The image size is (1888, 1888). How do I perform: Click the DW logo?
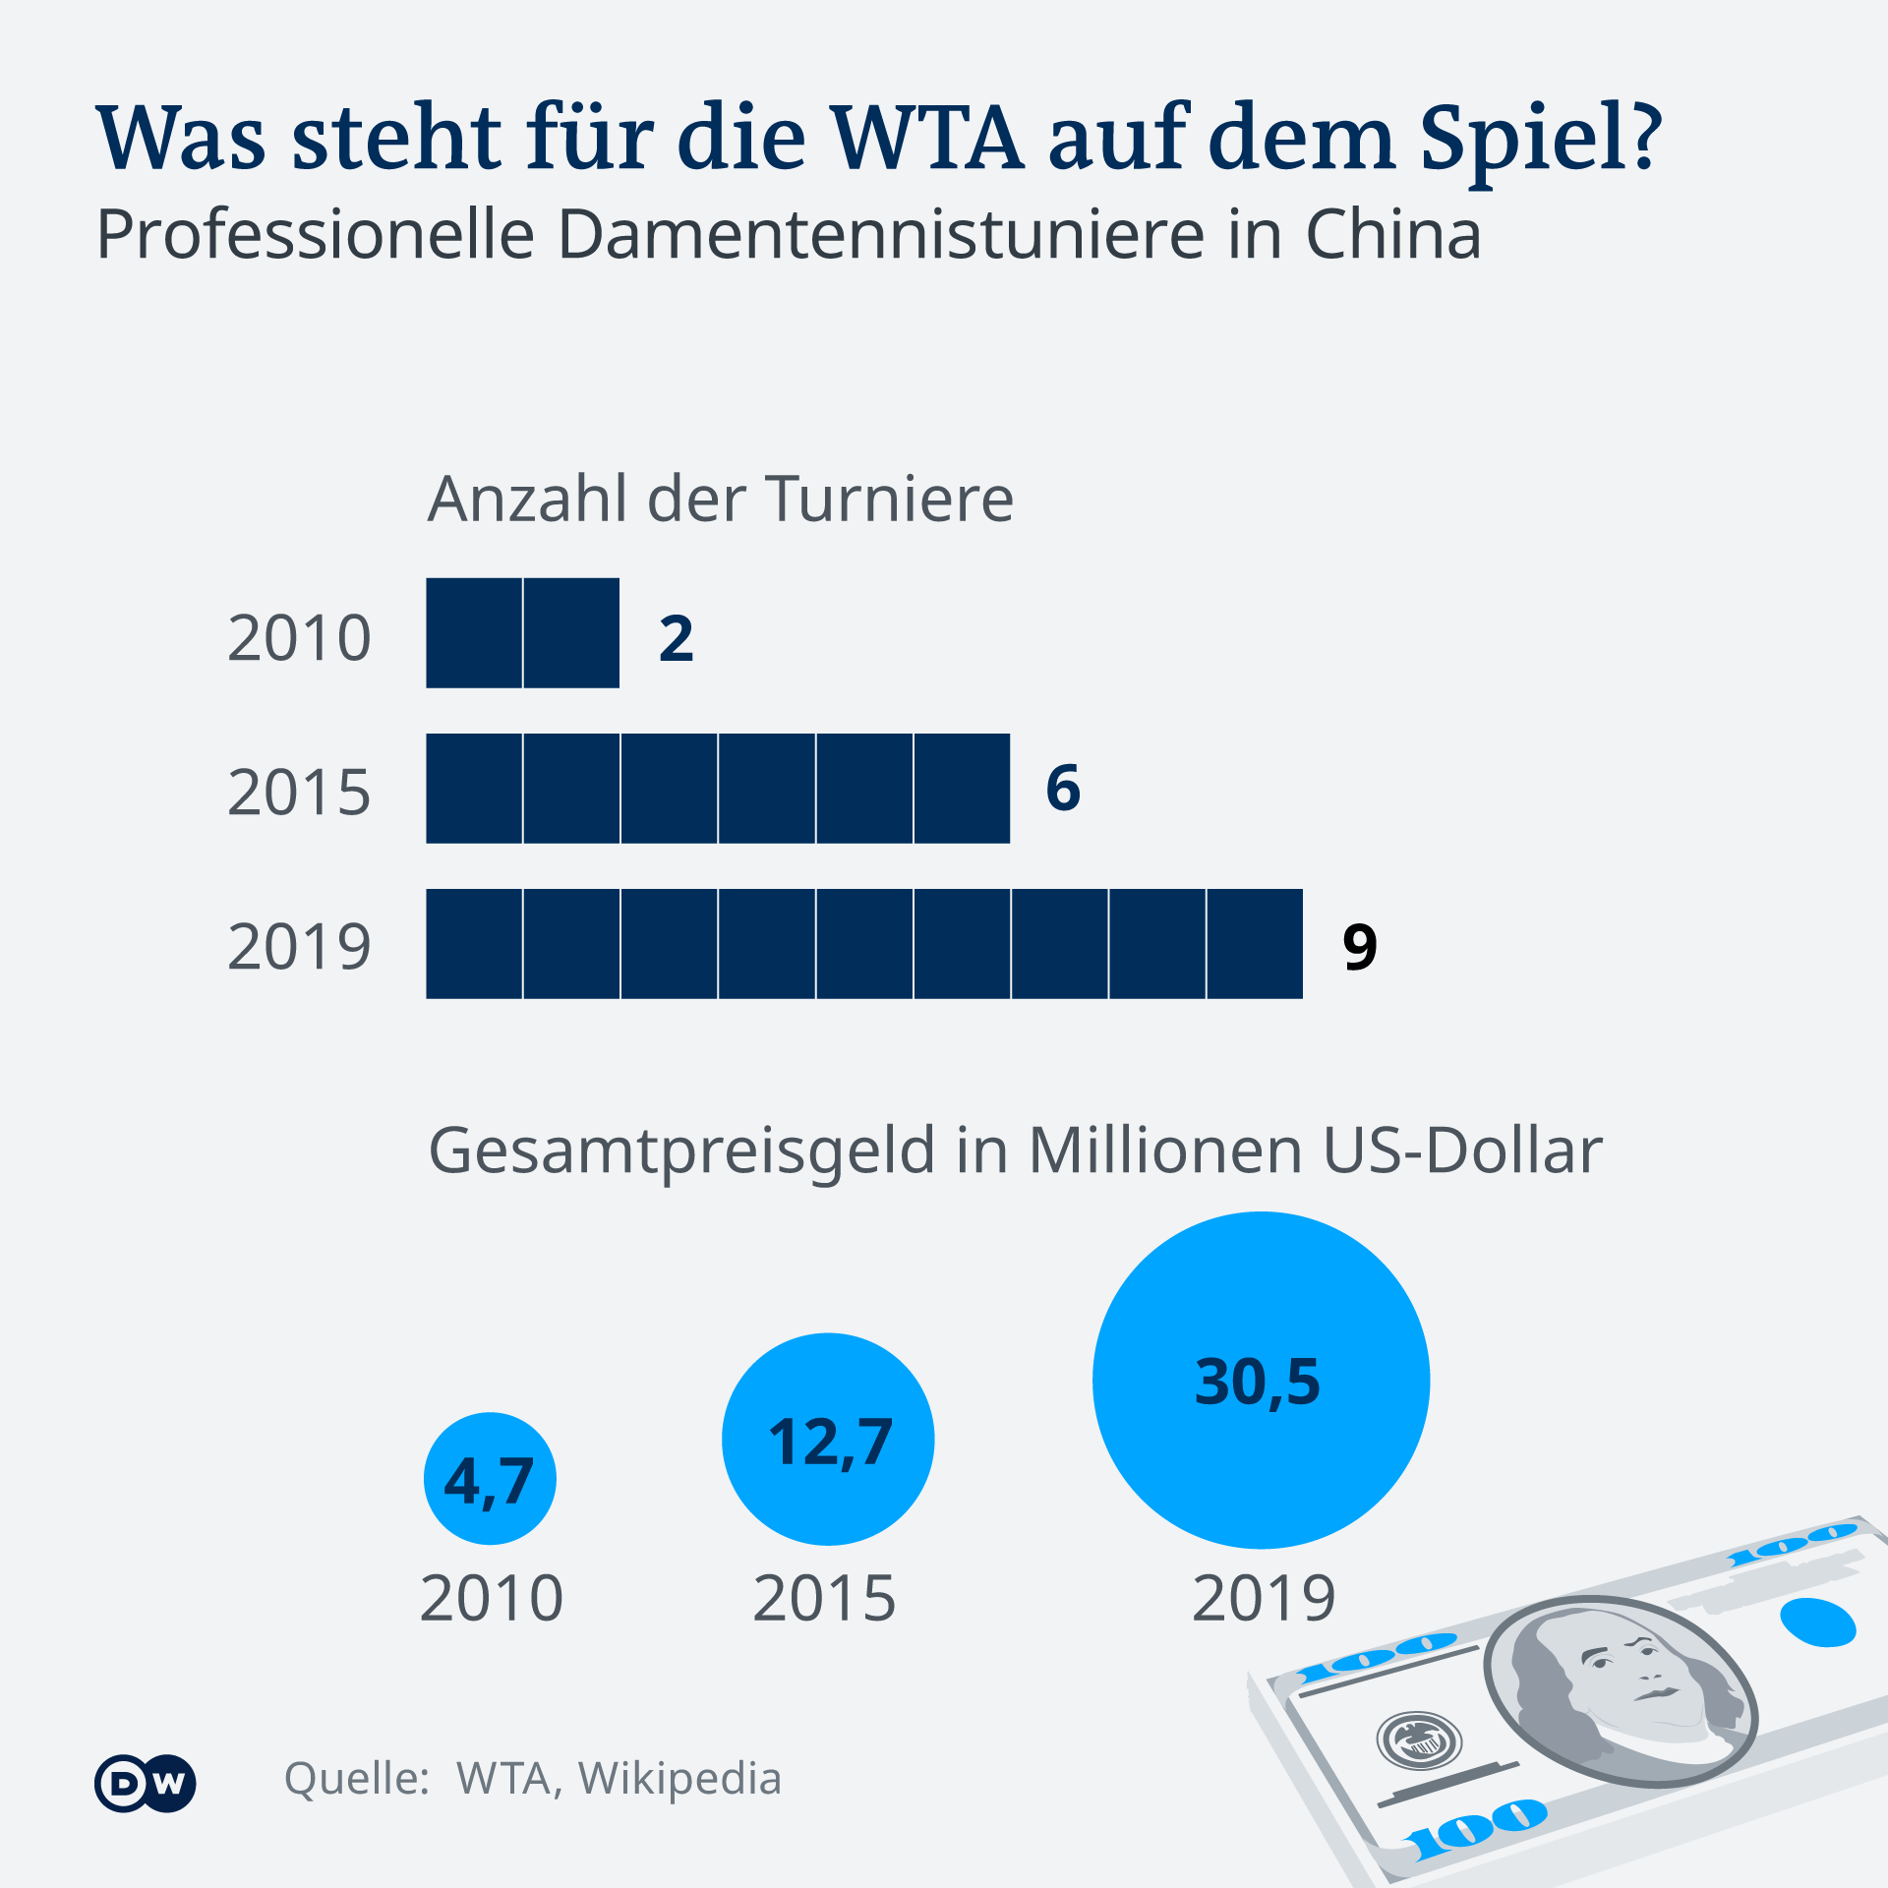pos(146,1783)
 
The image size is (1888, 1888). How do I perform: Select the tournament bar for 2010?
pos(522,633)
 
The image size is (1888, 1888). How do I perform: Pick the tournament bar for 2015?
pos(718,789)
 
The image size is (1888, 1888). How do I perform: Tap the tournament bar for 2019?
pos(864,944)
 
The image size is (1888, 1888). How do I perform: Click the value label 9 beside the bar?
pos(1359,946)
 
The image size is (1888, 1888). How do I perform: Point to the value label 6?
pos(1063,789)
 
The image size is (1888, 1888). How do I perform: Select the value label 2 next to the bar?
pos(677,638)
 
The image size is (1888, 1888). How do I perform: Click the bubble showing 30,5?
pos(1261,1381)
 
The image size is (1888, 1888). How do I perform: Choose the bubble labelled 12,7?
pos(828,1440)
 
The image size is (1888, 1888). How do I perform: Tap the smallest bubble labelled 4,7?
pos(490,1479)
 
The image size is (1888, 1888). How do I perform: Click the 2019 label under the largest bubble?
pos(1264,1599)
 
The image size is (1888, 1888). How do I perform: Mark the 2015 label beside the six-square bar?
pos(299,793)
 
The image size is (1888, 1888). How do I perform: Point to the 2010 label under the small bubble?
pos(492,1599)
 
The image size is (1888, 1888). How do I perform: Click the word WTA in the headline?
pos(927,138)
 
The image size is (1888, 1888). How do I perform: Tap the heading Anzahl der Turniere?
pos(720,499)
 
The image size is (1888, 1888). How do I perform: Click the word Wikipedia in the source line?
pos(679,1779)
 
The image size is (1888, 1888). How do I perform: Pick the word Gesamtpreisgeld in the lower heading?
pos(682,1150)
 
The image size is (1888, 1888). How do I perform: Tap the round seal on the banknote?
pos(1418,1740)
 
